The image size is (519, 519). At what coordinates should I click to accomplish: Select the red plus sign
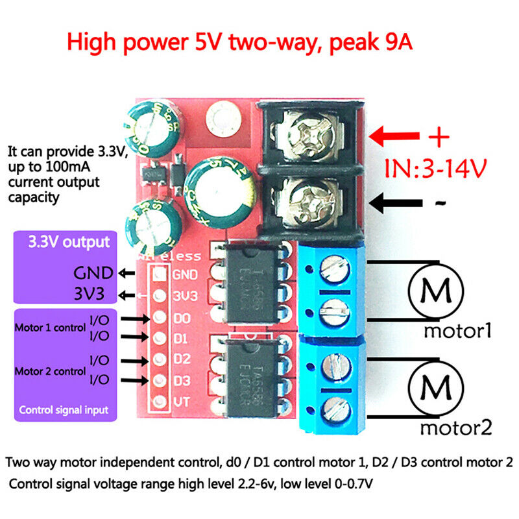coord(439,137)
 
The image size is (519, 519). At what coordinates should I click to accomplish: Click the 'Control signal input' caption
coord(63,410)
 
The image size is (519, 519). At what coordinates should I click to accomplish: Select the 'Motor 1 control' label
coord(50,328)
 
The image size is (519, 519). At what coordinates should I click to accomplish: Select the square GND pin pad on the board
coord(158,274)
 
